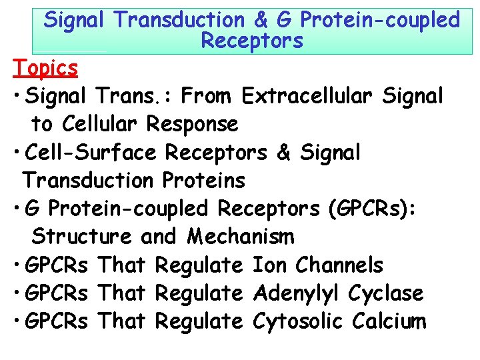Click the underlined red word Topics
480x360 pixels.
(45, 68)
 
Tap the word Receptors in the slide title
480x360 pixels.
(251, 41)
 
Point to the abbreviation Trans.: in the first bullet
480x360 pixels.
(143, 97)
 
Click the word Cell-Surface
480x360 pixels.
(91, 153)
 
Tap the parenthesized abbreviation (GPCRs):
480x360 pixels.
(372, 209)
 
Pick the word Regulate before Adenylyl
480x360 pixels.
(199, 293)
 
